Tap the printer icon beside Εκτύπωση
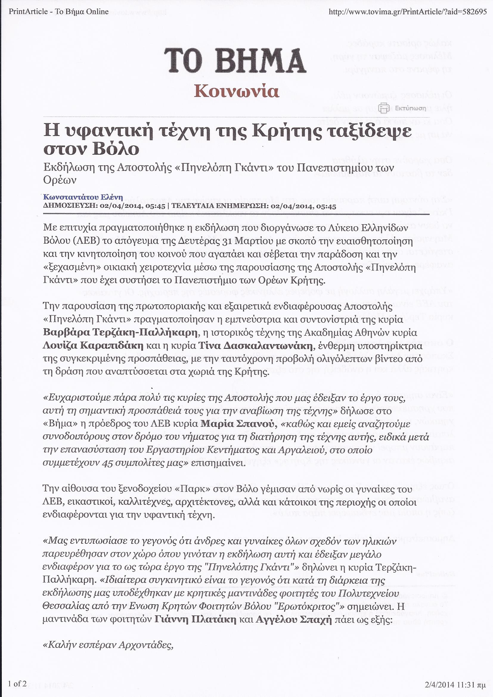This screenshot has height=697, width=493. [x=384, y=108]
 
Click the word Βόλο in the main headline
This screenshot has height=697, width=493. [x=116, y=149]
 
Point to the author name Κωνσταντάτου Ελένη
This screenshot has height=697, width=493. [x=83, y=198]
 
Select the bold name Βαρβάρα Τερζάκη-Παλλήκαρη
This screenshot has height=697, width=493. [x=120, y=333]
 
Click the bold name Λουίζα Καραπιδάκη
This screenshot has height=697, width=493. [x=93, y=346]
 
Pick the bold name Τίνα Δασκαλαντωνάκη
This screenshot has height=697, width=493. [x=255, y=346]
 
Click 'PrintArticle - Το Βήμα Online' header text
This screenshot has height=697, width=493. [x=59, y=12]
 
